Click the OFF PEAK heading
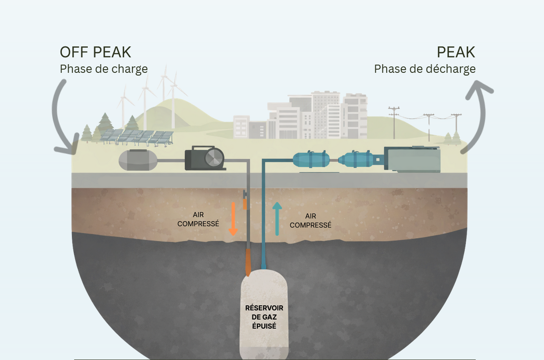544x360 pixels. click(x=96, y=52)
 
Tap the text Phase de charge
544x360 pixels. click(x=104, y=69)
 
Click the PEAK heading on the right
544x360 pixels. click(x=456, y=52)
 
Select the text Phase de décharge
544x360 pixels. click(x=424, y=69)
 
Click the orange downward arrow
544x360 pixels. click(x=233, y=219)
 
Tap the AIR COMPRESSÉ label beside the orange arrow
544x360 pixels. click(x=198, y=219)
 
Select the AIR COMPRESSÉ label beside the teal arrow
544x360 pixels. click(x=311, y=221)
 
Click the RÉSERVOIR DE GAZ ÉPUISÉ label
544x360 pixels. click(x=264, y=317)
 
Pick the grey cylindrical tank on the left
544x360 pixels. click(x=138, y=160)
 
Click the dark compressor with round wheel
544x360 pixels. click(x=205, y=158)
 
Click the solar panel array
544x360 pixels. click(x=136, y=136)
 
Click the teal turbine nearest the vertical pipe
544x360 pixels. click(x=311, y=160)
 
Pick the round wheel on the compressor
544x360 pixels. click(x=214, y=158)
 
